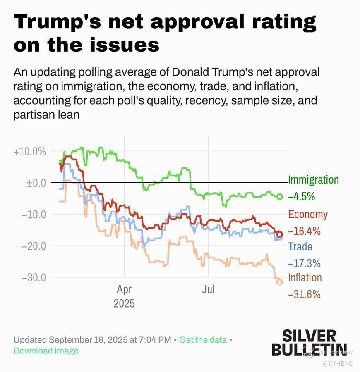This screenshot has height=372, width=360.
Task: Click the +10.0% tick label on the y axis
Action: (29, 151)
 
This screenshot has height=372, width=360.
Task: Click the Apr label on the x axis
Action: (124, 289)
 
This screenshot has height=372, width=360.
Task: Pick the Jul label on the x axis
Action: (208, 289)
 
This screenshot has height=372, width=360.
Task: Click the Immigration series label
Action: (313, 180)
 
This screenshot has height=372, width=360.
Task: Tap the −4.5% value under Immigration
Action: (301, 197)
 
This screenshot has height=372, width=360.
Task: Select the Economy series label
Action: (308, 214)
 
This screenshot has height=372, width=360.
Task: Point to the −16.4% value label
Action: (304, 231)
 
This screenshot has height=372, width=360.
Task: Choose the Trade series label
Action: (300, 247)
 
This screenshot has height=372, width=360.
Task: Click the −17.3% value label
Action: (304, 263)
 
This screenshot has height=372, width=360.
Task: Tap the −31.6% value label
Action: (304, 294)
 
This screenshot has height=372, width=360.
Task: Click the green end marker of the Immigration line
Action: (279, 197)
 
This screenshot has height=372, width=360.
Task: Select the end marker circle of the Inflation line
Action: (279, 282)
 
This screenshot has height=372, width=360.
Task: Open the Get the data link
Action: (203, 340)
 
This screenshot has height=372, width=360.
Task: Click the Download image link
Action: (46, 351)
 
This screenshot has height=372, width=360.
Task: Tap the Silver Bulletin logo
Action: (309, 342)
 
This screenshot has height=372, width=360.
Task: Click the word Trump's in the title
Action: (58, 21)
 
